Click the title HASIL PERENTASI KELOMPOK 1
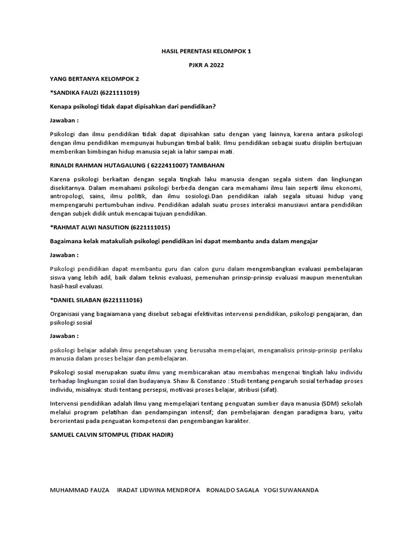point(206,52)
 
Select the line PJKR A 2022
point(206,65)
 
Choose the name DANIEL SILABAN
point(76,300)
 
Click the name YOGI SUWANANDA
point(291,490)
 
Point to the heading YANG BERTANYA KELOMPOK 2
point(90,79)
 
